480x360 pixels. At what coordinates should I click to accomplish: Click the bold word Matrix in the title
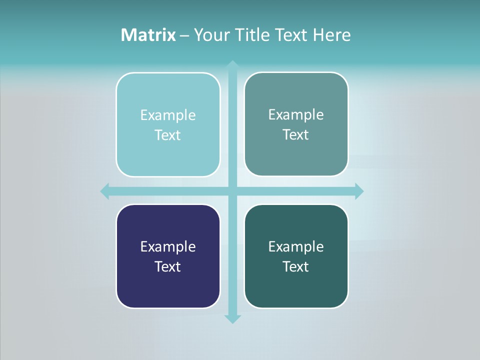[x=148, y=35]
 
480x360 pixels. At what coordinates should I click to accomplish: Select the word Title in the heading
[x=252, y=35]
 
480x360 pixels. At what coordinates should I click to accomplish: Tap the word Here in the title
[x=331, y=35]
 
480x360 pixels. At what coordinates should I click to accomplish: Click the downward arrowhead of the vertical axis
[x=232, y=318]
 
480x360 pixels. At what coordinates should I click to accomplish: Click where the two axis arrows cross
[x=232, y=191]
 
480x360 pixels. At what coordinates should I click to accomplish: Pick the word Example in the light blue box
[x=168, y=115]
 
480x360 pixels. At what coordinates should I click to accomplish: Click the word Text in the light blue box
[x=168, y=135]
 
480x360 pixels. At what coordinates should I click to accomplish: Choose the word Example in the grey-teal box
[x=296, y=115]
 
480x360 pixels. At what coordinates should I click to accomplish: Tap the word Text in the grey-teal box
[x=296, y=135]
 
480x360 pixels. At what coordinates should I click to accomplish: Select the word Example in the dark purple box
[x=168, y=247]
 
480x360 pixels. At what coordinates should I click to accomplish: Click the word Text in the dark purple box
[x=168, y=267]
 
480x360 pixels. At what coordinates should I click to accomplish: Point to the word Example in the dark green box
[x=296, y=247]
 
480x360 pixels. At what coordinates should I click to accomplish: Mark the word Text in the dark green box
[x=296, y=267]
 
